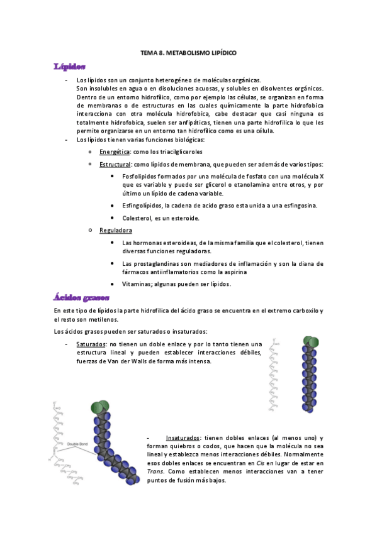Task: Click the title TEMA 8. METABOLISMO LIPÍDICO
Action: coord(188,54)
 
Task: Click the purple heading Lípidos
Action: coord(69,67)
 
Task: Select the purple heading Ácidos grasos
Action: coord(82,297)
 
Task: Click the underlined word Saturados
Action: coord(91,344)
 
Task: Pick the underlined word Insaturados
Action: coord(183,437)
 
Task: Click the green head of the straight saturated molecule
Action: coord(310,342)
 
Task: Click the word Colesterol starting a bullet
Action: coord(138,218)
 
